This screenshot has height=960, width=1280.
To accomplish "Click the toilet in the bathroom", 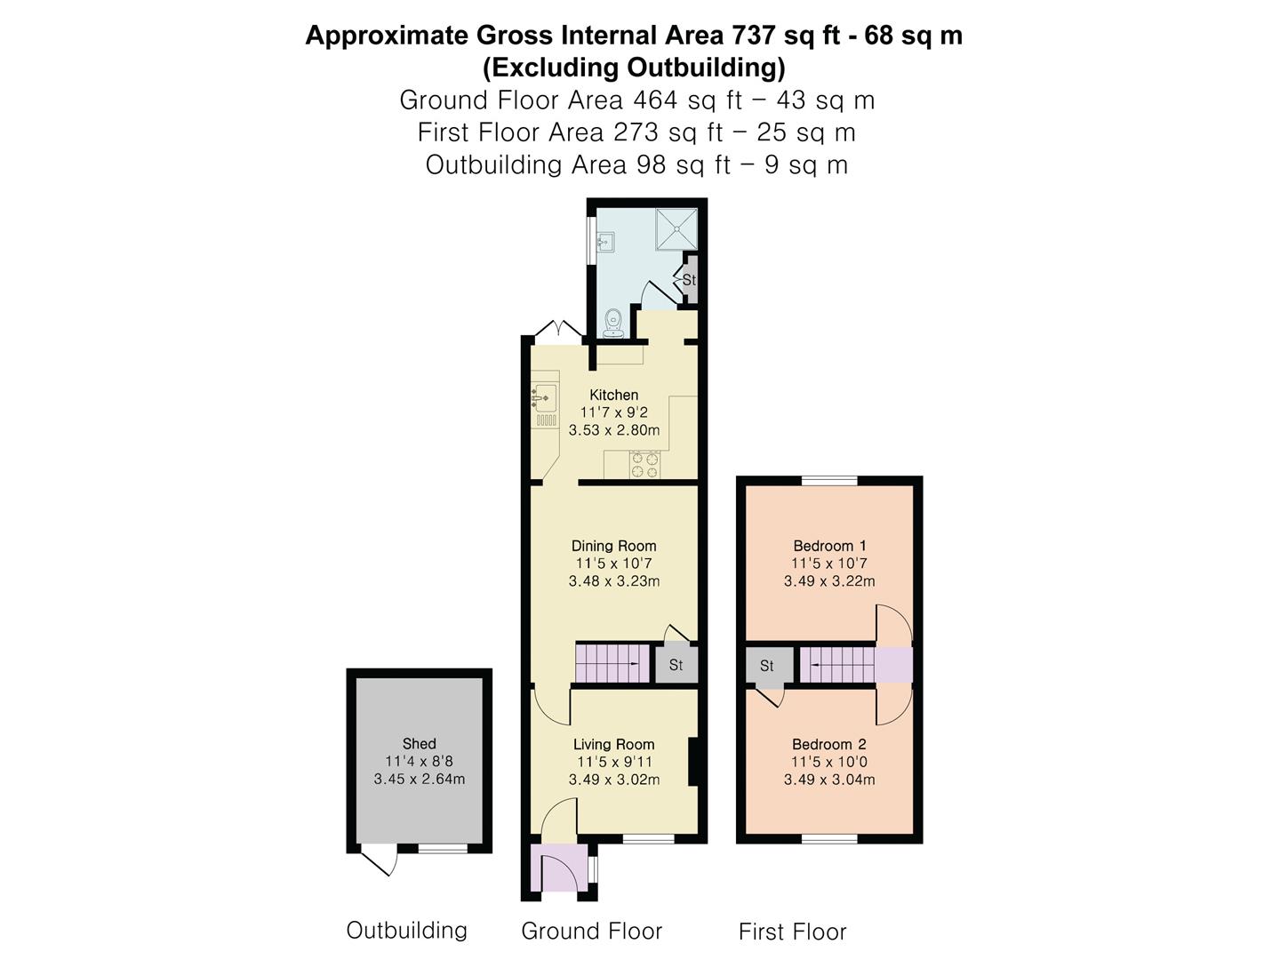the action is click(613, 324).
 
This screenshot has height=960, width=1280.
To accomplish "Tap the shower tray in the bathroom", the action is click(676, 228).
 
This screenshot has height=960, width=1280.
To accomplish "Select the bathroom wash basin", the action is click(605, 241).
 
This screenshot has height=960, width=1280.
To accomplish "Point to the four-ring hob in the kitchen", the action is click(645, 465).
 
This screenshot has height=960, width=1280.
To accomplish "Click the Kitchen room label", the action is click(613, 395).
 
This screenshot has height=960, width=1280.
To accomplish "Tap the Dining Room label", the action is click(613, 546).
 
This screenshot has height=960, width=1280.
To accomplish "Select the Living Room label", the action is click(613, 744).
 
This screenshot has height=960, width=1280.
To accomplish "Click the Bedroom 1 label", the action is click(829, 546).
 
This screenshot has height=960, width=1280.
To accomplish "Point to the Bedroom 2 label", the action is click(828, 744).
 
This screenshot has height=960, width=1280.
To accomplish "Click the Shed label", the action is click(419, 744).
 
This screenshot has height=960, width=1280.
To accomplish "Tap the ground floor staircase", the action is click(612, 663).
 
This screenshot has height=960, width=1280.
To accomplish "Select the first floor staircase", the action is click(836, 665).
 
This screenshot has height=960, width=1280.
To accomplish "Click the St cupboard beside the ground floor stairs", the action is click(676, 664).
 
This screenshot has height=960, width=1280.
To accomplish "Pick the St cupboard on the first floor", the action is click(769, 665).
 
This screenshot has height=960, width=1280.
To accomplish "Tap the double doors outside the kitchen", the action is click(558, 329).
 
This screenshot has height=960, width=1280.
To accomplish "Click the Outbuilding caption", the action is click(406, 930).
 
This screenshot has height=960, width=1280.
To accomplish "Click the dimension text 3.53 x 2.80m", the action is click(614, 431).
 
